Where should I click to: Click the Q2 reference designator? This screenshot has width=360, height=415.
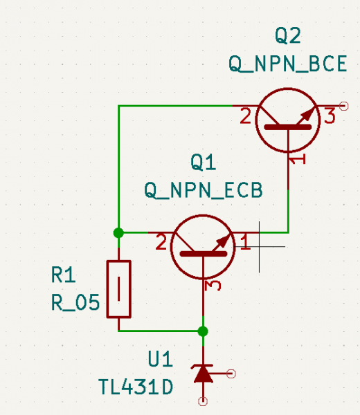pos(288,36)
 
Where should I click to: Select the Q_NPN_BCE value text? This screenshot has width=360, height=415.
pos(288,64)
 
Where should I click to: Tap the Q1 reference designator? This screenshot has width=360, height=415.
pos(203,163)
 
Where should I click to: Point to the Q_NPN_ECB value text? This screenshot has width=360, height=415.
pos(204,190)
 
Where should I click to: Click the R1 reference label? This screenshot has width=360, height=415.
pos(64,275)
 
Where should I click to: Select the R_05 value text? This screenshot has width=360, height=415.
pos(75,302)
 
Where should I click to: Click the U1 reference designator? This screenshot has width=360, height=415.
pos(160,359)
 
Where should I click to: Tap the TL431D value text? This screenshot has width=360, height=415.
pos(136,387)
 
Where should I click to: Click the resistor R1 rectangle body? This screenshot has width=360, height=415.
pos(118,289)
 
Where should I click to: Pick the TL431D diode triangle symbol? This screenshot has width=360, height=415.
pos(203,373)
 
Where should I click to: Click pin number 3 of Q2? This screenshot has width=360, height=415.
pos(330,116)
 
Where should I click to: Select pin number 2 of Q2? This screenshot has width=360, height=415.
pos(246,116)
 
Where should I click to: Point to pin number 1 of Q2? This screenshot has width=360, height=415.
pos(297,159)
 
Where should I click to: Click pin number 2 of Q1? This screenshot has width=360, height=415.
pos(161,243)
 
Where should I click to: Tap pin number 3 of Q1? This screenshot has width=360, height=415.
pos(213,286)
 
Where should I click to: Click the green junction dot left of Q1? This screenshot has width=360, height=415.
pos(118,233)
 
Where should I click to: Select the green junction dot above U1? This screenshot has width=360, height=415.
pos(203,331)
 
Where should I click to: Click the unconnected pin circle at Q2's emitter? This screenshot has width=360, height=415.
pos(344,106)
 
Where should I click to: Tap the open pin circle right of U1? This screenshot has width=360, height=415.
pos(231,373)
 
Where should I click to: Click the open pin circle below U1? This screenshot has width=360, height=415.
pos(203,401)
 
